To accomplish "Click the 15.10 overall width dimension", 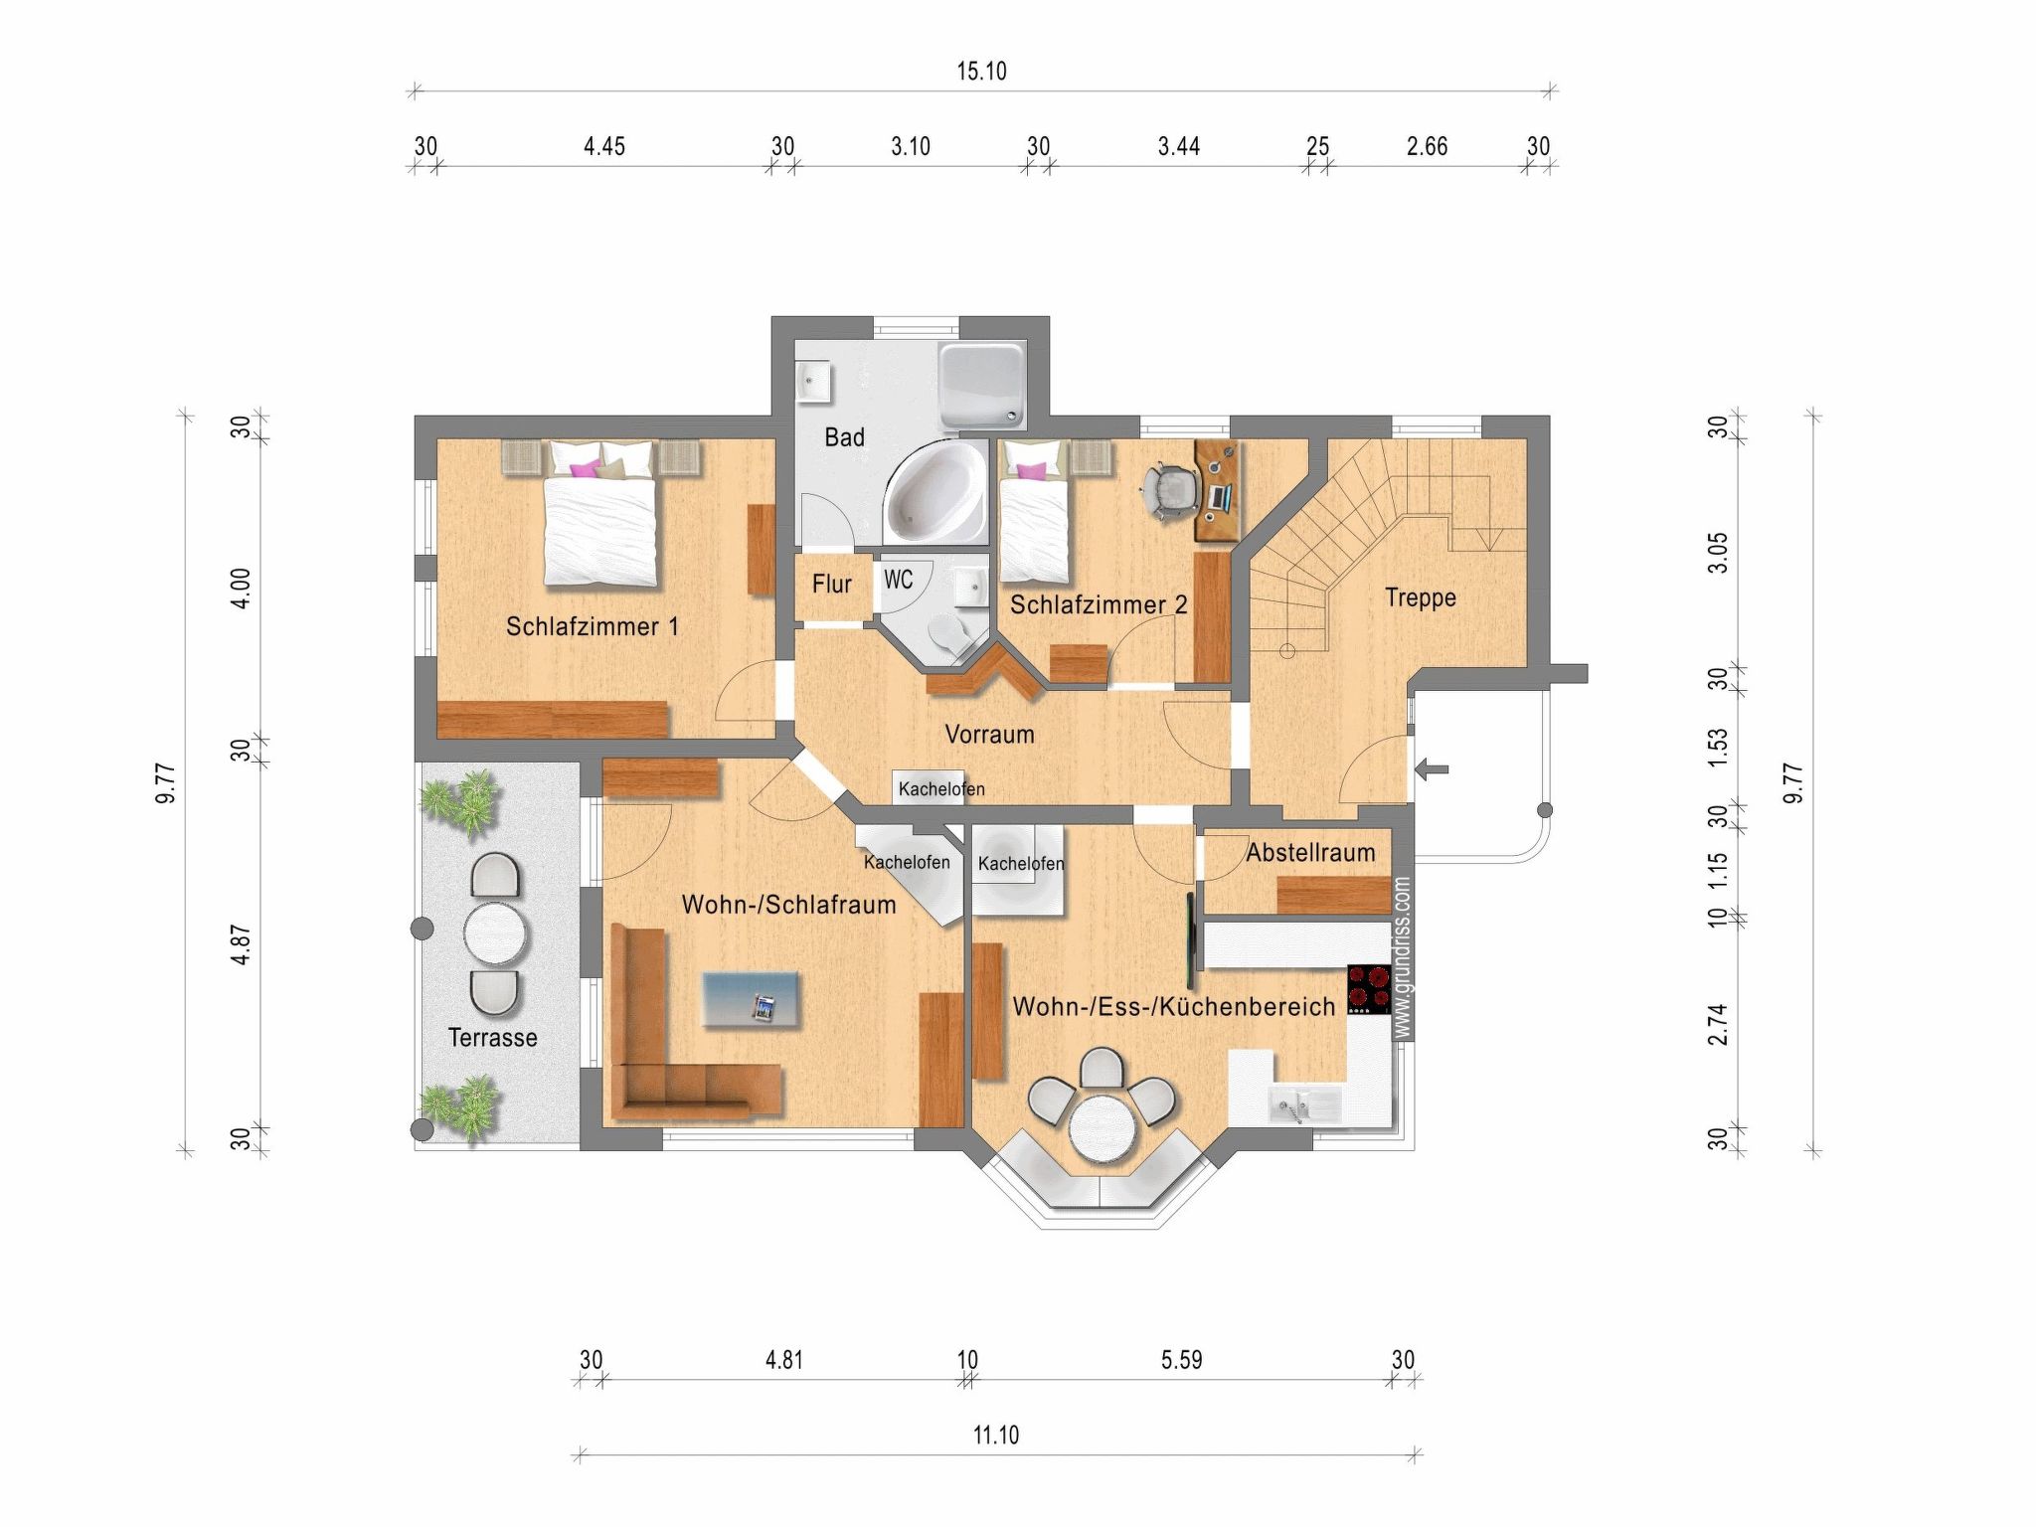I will point(981,72).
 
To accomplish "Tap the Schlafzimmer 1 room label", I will point(592,626).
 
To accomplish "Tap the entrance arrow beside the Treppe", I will point(1432,768).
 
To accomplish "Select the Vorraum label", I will point(989,735).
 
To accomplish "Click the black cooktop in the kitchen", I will point(1369,989).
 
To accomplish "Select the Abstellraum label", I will point(1310,853).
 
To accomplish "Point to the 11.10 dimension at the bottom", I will point(995,1436).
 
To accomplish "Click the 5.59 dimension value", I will point(1181,1360).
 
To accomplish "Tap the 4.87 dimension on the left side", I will point(241,944).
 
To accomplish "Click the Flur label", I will point(832,585).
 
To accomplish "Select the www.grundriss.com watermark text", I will point(1402,956).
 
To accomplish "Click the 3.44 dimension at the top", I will point(1179,147).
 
